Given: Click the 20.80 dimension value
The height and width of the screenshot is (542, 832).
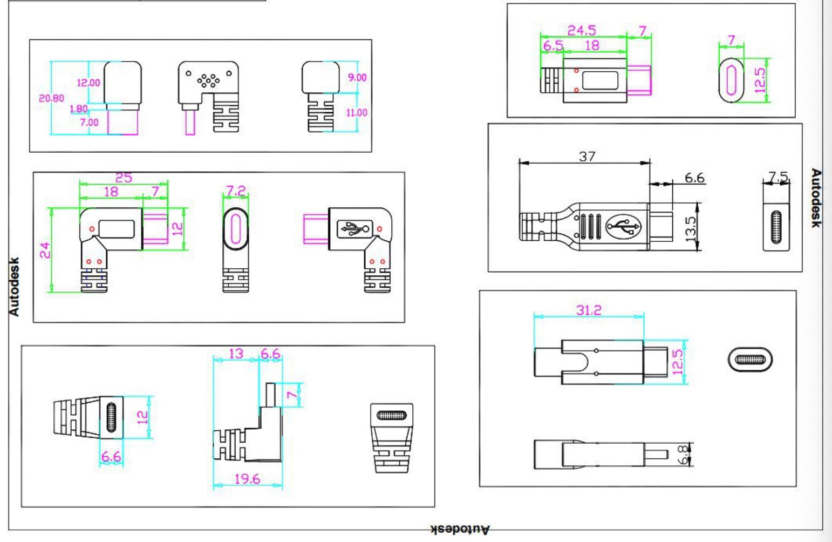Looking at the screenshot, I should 51,98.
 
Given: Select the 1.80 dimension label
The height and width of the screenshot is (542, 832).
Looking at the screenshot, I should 78,109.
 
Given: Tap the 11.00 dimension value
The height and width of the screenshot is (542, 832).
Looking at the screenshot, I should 357,113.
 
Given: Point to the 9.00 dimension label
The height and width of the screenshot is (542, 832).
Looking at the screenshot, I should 357,78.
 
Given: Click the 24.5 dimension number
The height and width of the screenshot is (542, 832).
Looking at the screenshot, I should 581,31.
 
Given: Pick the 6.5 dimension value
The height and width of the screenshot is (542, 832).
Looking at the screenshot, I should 553,46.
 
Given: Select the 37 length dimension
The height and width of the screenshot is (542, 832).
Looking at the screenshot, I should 587,157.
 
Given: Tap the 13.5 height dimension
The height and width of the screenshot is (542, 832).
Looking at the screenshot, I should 691,227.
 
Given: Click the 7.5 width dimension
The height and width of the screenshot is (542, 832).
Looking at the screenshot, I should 778,177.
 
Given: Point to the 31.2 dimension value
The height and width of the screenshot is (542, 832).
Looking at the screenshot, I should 588,310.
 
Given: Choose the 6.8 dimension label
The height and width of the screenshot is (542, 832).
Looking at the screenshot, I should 684,455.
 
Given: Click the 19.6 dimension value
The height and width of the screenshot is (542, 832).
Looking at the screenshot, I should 247,479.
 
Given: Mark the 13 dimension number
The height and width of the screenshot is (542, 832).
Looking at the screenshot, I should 236,354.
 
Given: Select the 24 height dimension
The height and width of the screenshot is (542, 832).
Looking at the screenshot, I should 45,250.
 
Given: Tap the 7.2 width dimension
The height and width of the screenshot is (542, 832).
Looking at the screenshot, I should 235,191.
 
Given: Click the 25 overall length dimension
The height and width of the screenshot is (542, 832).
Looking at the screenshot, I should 124,178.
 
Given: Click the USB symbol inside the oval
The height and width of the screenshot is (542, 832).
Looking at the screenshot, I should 623,226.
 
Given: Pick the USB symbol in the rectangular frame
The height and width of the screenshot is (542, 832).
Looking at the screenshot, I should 353,229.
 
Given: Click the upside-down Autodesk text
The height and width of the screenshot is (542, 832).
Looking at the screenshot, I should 460,530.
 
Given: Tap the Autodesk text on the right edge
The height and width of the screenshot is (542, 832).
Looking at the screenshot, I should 816,198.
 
